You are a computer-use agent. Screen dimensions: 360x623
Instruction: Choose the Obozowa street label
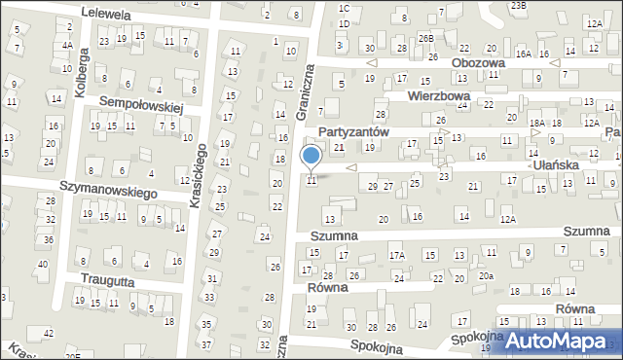[x=479, y=63]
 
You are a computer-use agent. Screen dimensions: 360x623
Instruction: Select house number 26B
[x=425, y=38]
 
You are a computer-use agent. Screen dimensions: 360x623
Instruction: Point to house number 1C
[x=344, y=8]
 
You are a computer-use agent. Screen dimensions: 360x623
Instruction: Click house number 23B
[x=519, y=5]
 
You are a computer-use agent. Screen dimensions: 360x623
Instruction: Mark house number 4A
[x=67, y=45]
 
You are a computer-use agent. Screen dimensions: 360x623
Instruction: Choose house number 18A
[x=537, y=123]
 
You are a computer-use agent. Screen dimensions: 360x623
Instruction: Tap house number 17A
[x=397, y=256]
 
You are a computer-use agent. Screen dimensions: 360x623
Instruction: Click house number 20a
[x=486, y=276]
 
